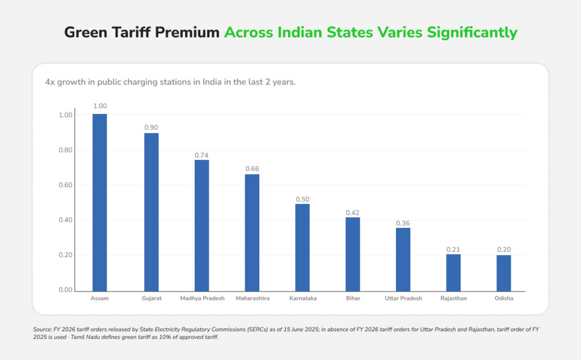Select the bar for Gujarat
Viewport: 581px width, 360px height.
151,212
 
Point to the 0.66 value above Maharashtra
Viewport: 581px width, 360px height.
252,169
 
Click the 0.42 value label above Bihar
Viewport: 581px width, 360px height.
352,213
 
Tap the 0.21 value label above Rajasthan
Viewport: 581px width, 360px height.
453,249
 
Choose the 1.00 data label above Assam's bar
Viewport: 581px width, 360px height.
100,106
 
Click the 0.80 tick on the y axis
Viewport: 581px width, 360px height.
66,150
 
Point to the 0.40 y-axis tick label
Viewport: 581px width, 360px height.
66,220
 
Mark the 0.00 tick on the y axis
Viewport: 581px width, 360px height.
66,290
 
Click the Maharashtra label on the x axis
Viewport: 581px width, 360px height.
252,298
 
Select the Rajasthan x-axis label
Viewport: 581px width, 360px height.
453,298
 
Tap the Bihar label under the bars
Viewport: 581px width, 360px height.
353,298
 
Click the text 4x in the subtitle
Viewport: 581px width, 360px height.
50,82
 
